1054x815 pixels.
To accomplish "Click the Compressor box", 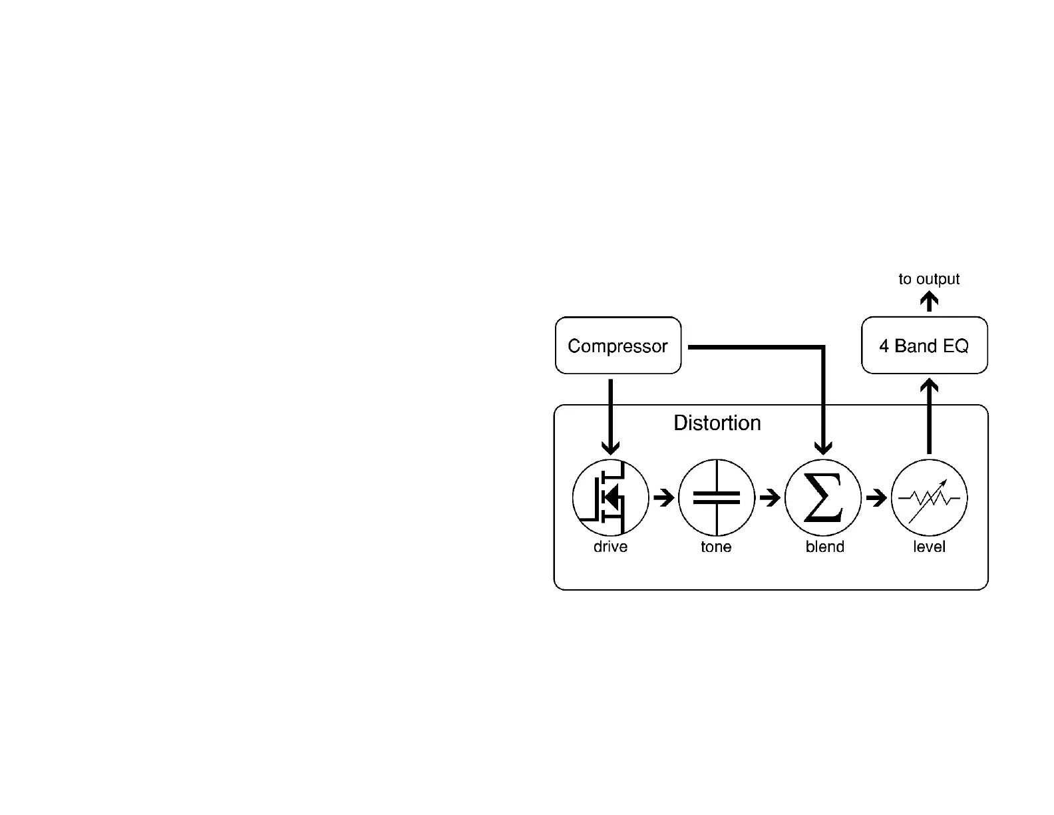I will click(618, 346).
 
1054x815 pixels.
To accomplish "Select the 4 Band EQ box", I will click(924, 346).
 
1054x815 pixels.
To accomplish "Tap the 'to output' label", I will click(929, 279).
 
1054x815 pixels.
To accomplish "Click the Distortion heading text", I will click(717, 423).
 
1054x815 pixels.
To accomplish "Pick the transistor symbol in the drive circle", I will click(611, 497).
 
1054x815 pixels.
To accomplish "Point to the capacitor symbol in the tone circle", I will click(717, 497).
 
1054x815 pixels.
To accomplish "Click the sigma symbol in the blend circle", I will click(823, 497).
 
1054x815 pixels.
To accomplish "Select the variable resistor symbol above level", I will click(930, 497).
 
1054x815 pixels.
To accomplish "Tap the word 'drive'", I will click(610, 547).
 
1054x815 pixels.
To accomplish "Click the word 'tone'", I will click(716, 547).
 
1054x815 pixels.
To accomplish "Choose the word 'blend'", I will click(824, 547).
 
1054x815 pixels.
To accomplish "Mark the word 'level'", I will click(929, 547).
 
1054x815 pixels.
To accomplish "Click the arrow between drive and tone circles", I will click(664, 497).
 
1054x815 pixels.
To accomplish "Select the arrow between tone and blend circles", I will click(770, 497).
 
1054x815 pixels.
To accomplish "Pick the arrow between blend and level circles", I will click(876, 497).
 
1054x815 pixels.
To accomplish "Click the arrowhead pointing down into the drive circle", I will click(610, 447).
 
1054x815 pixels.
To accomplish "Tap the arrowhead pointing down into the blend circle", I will click(823, 447).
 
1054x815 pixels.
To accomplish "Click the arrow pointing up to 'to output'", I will click(929, 302).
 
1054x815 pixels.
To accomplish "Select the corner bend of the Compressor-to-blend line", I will click(823, 347).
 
